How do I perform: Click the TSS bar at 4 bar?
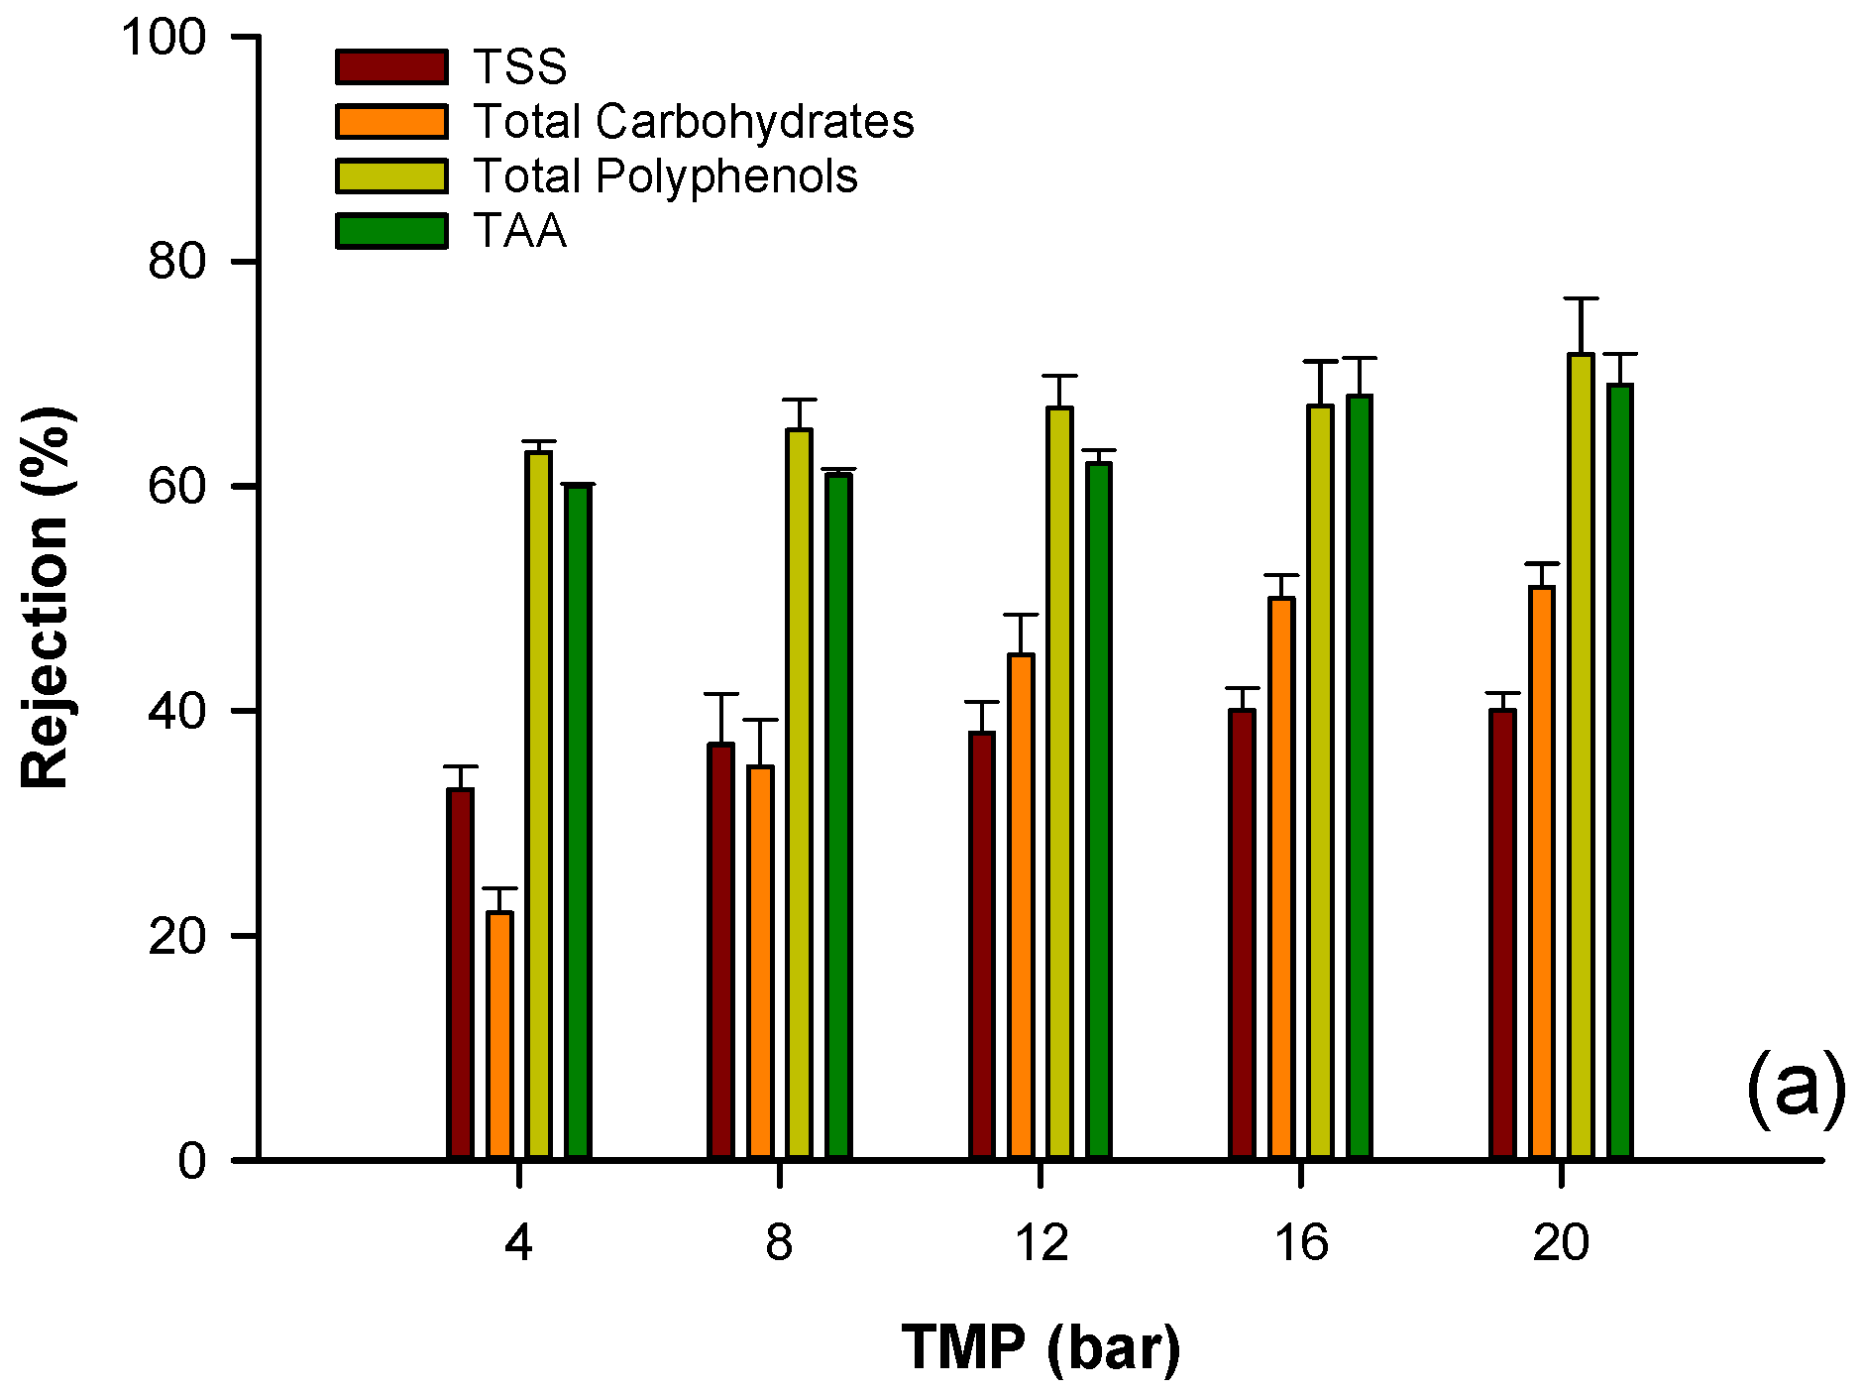coord(460,972)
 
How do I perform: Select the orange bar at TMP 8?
coord(760,962)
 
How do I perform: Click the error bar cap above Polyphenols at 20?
coord(1581,298)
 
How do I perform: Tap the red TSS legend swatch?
coord(391,66)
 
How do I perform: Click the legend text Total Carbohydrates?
coord(693,121)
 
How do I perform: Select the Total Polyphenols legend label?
coord(665,175)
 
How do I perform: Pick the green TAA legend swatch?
coord(391,230)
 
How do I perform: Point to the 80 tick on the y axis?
coord(244,262)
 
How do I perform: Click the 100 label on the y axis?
coord(163,38)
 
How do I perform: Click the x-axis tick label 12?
coord(1041,1242)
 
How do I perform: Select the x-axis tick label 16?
coord(1300,1242)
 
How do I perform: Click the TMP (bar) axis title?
coord(1041,1346)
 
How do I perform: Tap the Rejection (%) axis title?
coord(46,597)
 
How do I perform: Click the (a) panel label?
coord(1795,1088)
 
